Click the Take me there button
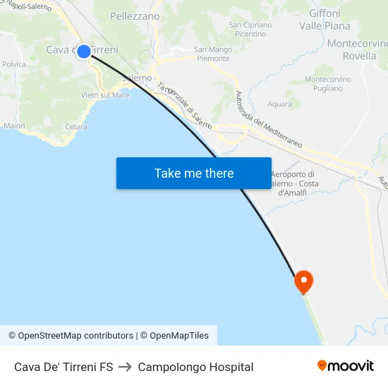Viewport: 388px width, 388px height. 194,173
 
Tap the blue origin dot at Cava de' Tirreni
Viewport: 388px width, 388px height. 84,51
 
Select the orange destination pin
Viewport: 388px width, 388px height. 304,281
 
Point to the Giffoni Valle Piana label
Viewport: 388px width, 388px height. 325,20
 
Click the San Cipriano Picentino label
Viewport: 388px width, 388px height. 250,29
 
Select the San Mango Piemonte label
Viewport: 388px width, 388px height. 212,54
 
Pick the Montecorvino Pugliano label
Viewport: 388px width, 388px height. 324,83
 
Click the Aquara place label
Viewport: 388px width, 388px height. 279,104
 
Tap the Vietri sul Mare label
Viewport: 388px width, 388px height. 105,95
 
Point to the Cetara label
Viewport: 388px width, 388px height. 75,127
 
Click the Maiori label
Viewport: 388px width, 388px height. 14,126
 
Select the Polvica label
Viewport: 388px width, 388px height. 14,64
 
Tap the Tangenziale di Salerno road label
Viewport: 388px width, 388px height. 185,106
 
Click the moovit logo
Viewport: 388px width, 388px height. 346,366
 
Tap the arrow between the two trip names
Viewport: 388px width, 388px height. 126,367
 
